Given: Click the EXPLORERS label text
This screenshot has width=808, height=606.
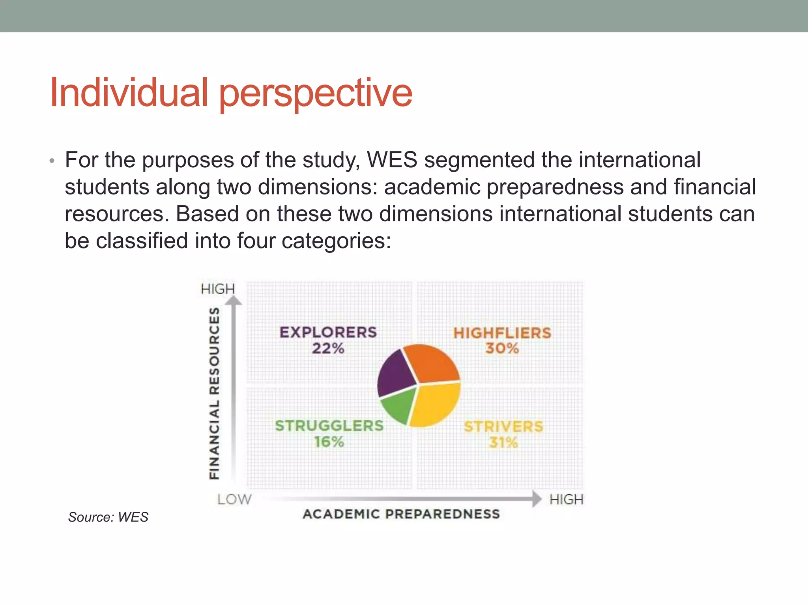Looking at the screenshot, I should (x=328, y=332).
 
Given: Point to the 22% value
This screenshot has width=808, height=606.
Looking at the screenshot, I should (x=328, y=348).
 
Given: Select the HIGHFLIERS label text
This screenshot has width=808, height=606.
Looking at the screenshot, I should (x=502, y=333).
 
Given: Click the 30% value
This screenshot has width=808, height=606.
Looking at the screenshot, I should (x=502, y=348).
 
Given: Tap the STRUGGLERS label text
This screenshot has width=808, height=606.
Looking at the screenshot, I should (x=329, y=426).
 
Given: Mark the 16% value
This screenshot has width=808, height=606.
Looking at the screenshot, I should (x=329, y=442).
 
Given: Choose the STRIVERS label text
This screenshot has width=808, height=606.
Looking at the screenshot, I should (x=503, y=426).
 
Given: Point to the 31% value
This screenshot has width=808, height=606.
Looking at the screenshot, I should (x=503, y=443).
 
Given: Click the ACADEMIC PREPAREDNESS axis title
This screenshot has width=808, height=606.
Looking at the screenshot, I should (x=401, y=514).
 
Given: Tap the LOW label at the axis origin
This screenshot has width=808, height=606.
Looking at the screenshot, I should (x=234, y=499).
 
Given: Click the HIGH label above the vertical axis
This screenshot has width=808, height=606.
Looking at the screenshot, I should (x=218, y=289).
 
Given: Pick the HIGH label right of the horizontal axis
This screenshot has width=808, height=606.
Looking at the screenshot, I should (x=566, y=499).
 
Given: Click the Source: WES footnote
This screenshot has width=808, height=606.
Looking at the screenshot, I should (x=108, y=517).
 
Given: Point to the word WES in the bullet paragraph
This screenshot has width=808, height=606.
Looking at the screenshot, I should (x=392, y=160).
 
